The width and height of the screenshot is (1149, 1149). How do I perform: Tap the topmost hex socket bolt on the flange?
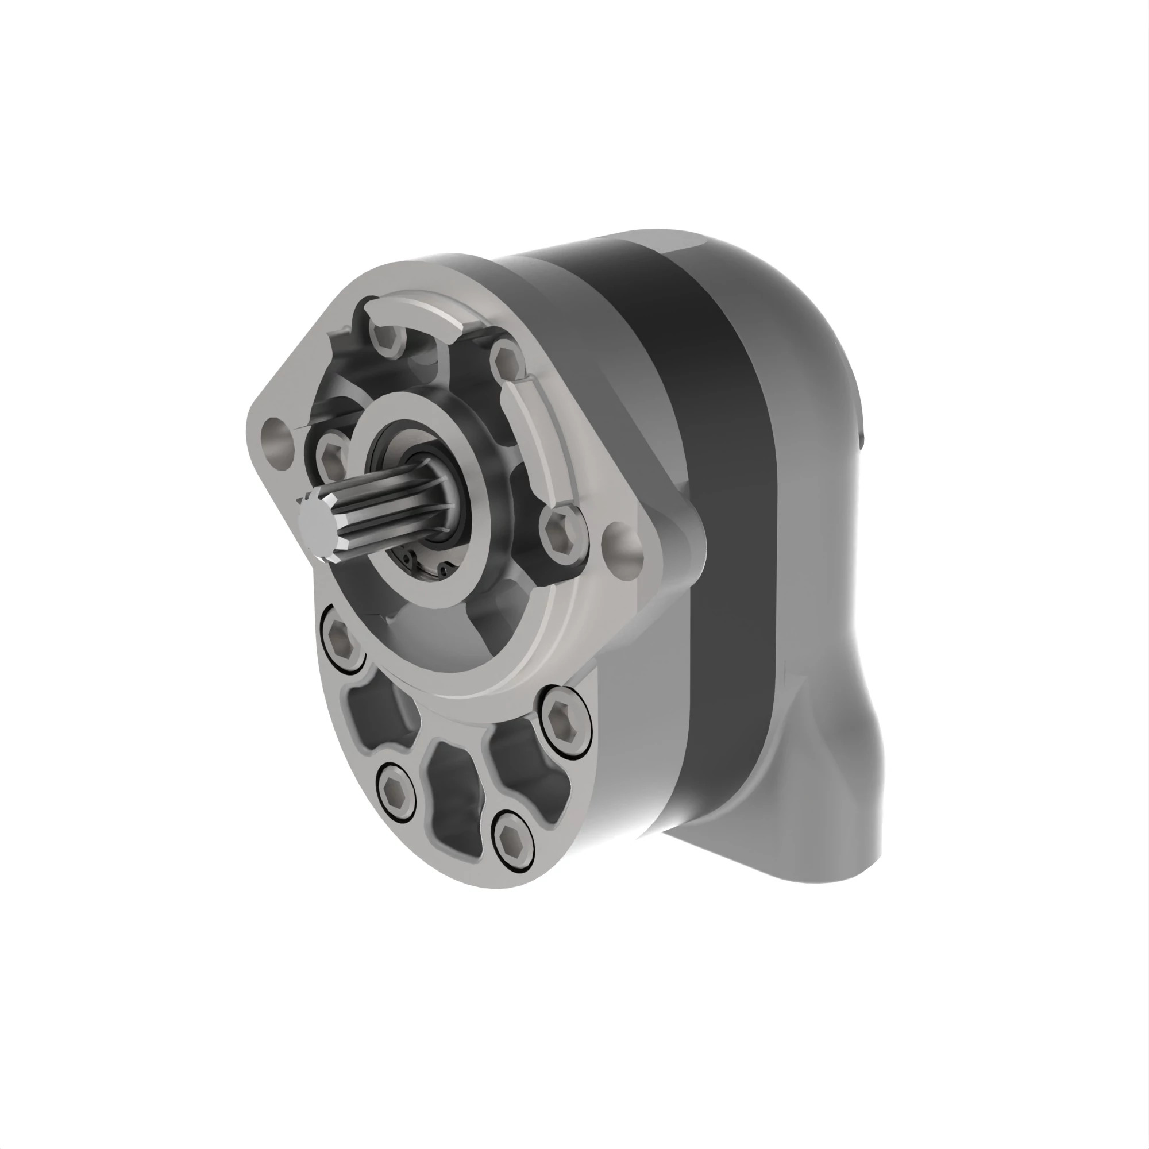coord(387,340)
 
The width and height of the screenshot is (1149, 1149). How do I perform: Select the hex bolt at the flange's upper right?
coord(507,361)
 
